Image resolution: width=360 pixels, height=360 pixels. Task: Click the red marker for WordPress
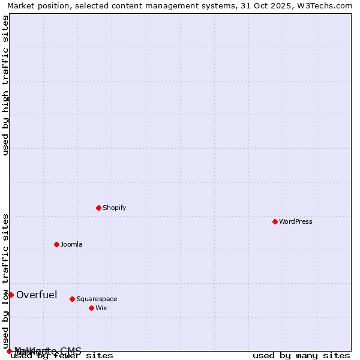(x=275, y=221)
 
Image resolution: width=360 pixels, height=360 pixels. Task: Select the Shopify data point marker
(x=98, y=208)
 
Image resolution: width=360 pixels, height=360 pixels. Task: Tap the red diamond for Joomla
(x=56, y=244)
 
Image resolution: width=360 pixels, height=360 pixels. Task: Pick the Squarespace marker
(x=72, y=299)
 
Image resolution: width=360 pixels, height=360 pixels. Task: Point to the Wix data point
(x=91, y=308)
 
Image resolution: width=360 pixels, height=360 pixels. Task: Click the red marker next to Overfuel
(x=11, y=295)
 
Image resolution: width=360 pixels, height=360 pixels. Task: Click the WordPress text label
(x=296, y=221)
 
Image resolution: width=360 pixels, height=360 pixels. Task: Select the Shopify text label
(x=114, y=208)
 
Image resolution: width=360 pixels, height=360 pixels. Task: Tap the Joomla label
(x=71, y=244)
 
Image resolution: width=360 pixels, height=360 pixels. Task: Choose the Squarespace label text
(x=97, y=299)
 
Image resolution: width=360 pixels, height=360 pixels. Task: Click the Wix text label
(x=101, y=308)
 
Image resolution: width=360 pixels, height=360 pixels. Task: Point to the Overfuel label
(x=37, y=295)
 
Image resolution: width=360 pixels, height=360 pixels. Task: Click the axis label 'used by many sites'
(x=301, y=355)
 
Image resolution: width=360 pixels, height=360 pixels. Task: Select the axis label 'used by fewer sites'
(x=62, y=355)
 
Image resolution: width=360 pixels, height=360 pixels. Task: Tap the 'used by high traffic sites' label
(x=6, y=85)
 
